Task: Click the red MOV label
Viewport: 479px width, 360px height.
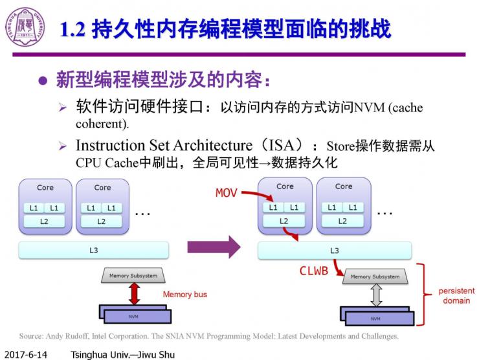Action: coord(227,193)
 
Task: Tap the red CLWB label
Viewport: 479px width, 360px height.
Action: coord(313,271)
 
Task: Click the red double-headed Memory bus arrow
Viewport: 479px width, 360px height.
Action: coord(134,293)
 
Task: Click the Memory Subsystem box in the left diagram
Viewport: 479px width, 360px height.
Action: coord(133,276)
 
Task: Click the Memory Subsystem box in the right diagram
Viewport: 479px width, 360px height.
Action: coord(375,276)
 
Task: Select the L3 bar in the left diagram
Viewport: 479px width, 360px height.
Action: coord(94,249)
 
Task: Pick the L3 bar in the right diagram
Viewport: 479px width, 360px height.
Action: coord(334,249)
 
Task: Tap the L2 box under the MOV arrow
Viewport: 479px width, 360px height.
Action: coord(284,221)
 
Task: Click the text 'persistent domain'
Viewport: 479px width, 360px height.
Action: coord(456,296)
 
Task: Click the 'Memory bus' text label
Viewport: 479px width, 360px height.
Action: coord(184,295)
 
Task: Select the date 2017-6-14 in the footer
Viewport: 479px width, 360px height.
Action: coord(24,354)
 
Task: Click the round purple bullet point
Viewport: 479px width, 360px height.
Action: coord(43,81)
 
